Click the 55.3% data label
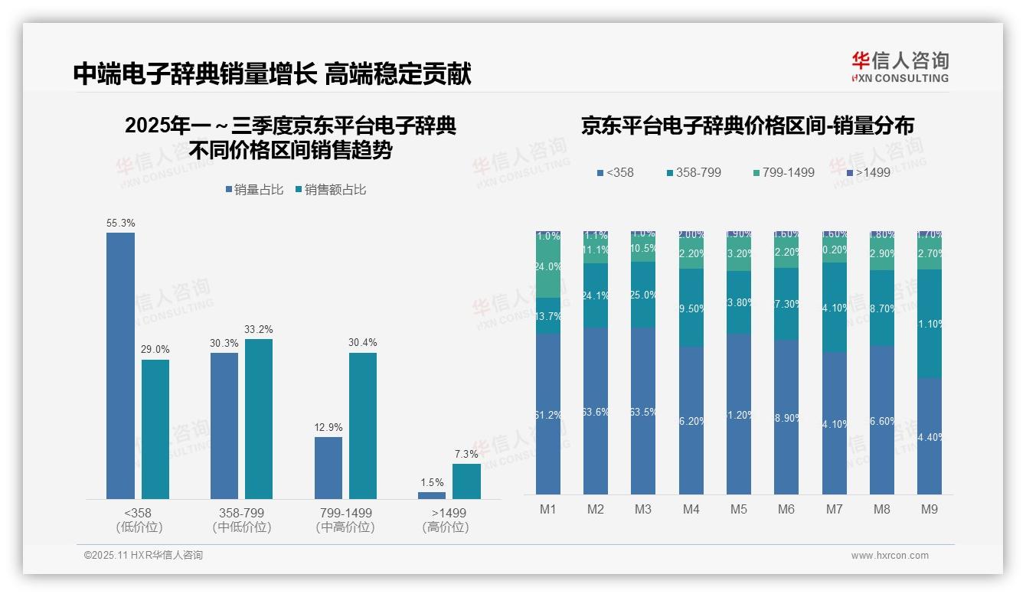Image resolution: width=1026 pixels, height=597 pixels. click(x=121, y=223)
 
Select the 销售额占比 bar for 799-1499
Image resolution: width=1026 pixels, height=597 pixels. click(x=363, y=426)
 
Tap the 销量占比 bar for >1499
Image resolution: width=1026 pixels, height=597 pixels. click(x=432, y=495)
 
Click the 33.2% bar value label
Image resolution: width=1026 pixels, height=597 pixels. click(x=259, y=330)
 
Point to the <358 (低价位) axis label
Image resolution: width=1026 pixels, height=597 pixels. click(x=139, y=520)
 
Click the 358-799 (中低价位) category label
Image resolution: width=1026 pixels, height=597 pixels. click(x=242, y=520)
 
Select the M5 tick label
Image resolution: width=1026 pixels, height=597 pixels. click(x=739, y=509)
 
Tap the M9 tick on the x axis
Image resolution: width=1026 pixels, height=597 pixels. click(x=929, y=509)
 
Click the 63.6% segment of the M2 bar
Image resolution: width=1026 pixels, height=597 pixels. click(x=596, y=411)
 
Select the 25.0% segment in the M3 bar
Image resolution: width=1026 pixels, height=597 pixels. click(x=643, y=295)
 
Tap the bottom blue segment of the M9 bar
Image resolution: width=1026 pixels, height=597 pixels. click(x=929, y=436)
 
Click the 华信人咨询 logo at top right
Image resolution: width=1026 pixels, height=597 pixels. click(x=900, y=67)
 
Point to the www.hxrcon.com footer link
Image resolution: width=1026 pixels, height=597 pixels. click(x=890, y=556)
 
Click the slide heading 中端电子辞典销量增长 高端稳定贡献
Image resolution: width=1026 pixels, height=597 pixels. click(x=272, y=74)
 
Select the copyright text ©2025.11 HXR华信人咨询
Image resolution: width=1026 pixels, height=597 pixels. click(x=143, y=556)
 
